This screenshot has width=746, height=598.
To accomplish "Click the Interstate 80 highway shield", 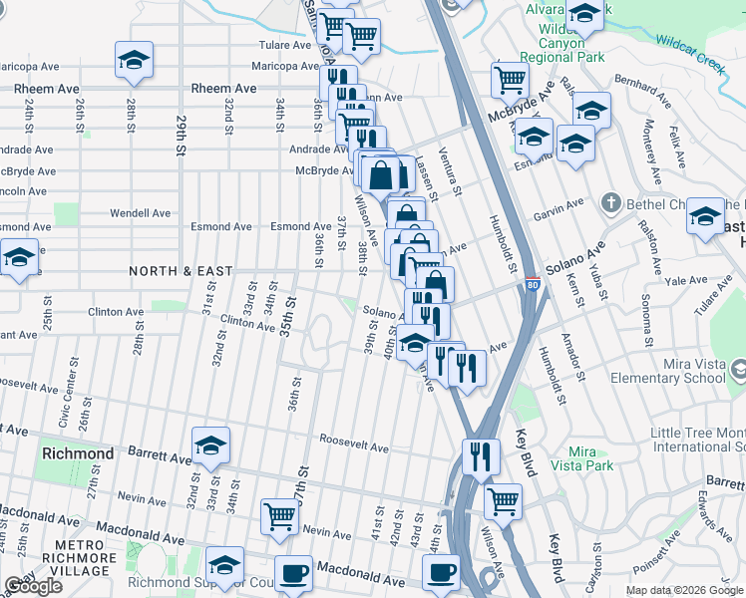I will pyautogui.click(x=534, y=285).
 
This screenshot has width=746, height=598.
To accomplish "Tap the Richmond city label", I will pyautogui.click(x=78, y=453).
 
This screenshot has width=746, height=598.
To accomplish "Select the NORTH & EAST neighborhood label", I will pyautogui.click(x=181, y=271).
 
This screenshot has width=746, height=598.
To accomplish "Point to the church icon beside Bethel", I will pyautogui.click(x=610, y=204).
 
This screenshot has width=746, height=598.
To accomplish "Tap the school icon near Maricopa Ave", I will pyautogui.click(x=134, y=60).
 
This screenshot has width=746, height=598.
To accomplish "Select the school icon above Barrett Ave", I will pyautogui.click(x=210, y=447).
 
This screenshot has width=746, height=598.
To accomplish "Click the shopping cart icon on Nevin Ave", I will pyautogui.click(x=280, y=516).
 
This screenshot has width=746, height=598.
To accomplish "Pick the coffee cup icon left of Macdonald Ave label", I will pyautogui.click(x=293, y=574).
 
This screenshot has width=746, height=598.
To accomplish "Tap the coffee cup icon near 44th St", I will pyautogui.click(x=441, y=573).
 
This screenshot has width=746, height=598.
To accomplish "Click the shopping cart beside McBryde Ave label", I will pyautogui.click(x=510, y=79).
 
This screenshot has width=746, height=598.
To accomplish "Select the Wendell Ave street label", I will pyautogui.click(x=141, y=213).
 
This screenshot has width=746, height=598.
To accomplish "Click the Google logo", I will pyautogui.click(x=33, y=586).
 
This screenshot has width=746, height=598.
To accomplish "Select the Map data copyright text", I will pyautogui.click(x=683, y=590).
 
